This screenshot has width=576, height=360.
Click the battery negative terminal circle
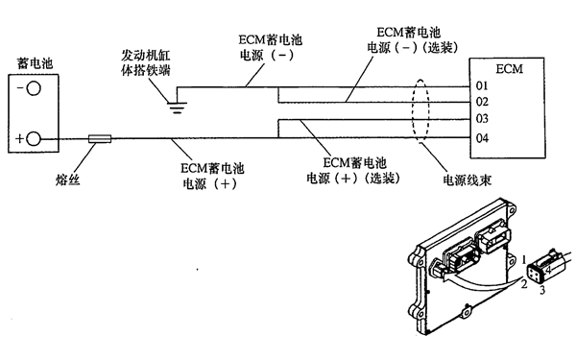34,88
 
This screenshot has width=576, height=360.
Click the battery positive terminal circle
34,140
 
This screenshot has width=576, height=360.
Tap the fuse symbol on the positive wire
99,140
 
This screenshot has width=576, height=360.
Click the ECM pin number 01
482,86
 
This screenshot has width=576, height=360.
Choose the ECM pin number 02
482,102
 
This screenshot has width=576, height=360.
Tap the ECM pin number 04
482,137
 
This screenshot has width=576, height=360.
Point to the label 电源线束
462,180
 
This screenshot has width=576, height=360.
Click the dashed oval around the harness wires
420,112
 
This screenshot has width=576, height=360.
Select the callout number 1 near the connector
524,260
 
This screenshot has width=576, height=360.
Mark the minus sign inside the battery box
20,88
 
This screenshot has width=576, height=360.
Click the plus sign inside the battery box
19,140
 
